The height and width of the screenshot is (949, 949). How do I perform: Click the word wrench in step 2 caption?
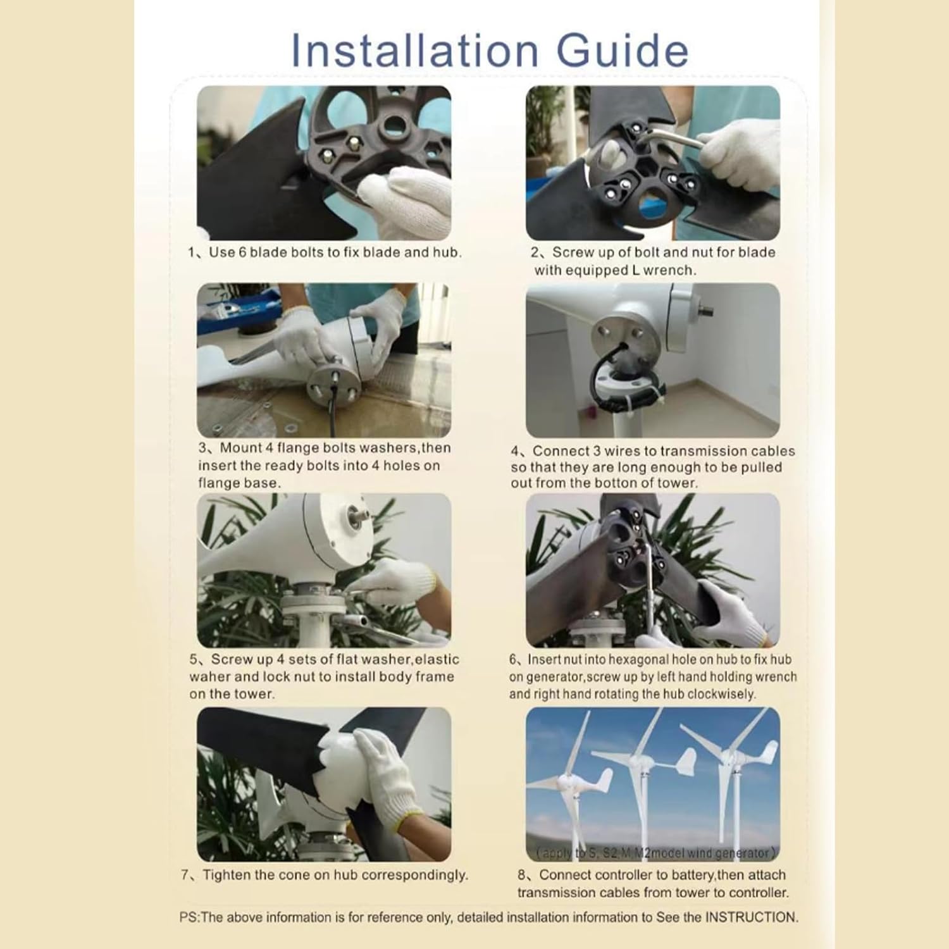(x=672, y=270)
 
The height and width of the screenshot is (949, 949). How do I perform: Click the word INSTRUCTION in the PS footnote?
(x=751, y=917)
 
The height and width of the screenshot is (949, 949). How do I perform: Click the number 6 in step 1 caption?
(x=242, y=252)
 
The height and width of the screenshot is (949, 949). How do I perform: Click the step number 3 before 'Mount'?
(x=202, y=448)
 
